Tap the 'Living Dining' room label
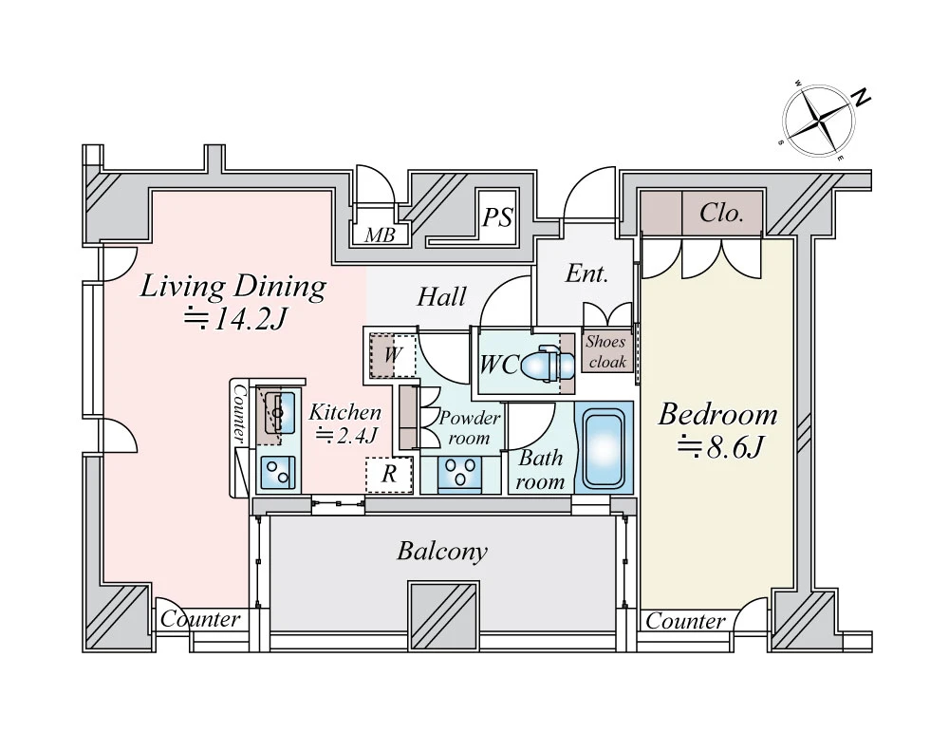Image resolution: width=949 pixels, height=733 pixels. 233,286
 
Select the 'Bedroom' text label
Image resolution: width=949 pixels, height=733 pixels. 717,415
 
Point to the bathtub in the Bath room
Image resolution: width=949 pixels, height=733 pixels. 603,447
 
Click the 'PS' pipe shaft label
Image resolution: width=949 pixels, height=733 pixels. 496,219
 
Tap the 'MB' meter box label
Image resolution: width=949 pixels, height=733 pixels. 380,235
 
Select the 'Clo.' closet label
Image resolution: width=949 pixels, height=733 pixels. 721,214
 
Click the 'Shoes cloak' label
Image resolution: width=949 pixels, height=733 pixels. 606,352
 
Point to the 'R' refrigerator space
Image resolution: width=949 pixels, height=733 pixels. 389,475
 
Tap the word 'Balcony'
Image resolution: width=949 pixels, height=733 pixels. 442,552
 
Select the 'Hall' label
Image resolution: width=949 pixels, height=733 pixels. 442,297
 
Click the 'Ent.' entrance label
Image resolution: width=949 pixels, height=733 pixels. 586,274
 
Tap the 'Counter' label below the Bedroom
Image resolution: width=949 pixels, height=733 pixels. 685,622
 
